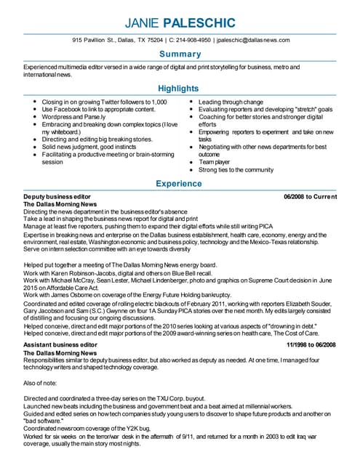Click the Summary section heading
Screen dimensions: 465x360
pos(180,54)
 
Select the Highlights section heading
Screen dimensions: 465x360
pos(180,89)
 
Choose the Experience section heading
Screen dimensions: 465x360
pos(180,184)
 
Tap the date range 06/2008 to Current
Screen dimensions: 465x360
pos(311,197)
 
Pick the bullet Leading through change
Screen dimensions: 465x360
pos(231,102)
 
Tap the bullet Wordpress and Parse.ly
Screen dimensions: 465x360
pos(73,117)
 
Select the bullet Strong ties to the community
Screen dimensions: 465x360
pos(236,170)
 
